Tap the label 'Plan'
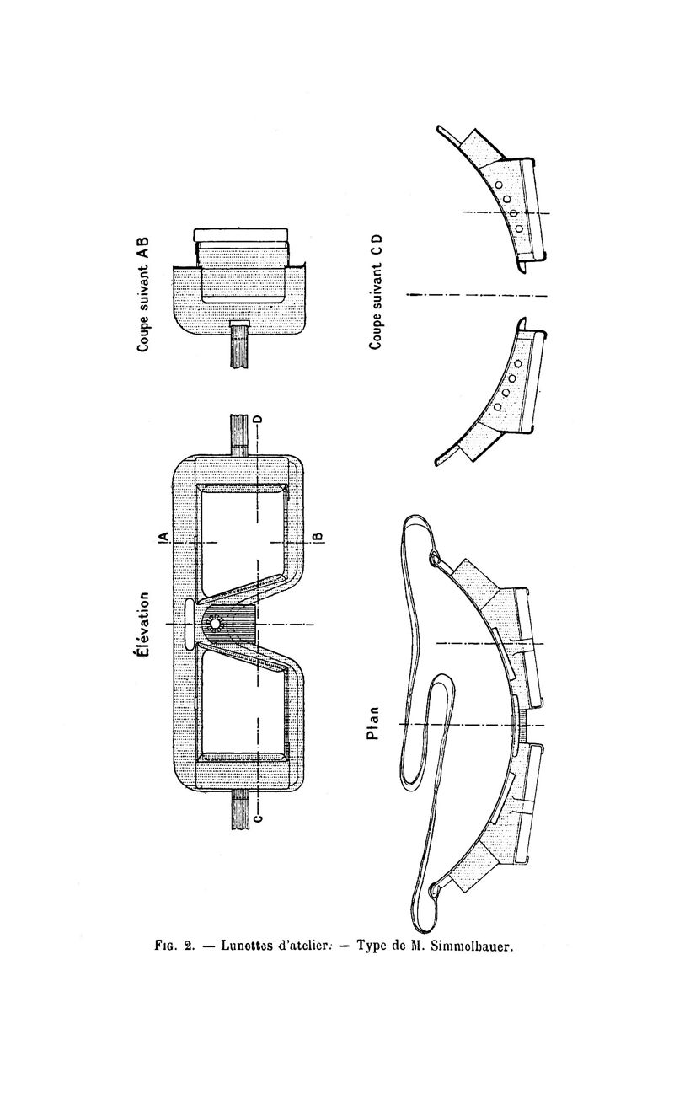[375, 724]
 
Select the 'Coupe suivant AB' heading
[143, 294]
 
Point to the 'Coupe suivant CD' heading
[376, 292]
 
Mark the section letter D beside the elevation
[258, 421]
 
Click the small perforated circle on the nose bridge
[214, 624]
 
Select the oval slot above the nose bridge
[189, 624]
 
